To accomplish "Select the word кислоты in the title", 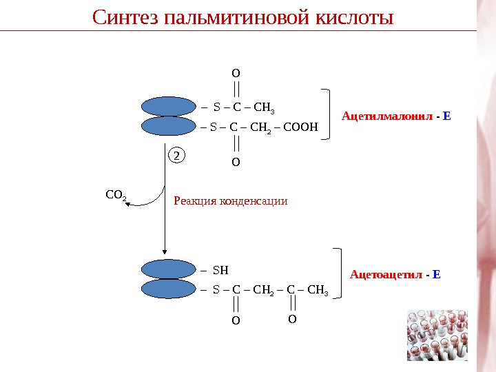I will click(x=354, y=17).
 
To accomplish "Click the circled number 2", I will click(x=176, y=156).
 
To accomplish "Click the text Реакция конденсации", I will click(x=230, y=201).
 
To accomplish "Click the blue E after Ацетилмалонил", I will click(x=446, y=116).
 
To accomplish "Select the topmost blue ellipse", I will click(x=169, y=107).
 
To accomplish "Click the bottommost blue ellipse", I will click(x=169, y=289).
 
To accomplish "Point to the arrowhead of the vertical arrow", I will click(x=165, y=253).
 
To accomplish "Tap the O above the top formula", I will click(x=236, y=72).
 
